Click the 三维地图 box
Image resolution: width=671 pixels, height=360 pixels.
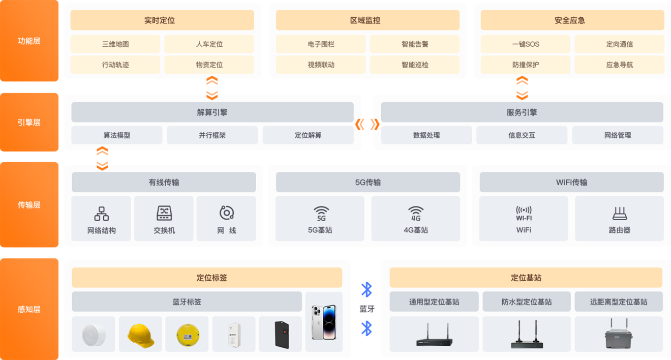(x=115, y=44)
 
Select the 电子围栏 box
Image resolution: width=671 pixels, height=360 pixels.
(x=321, y=44)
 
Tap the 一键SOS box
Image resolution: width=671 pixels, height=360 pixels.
(x=526, y=44)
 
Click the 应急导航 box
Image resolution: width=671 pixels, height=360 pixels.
(x=619, y=65)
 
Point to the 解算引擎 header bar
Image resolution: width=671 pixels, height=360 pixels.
(x=212, y=112)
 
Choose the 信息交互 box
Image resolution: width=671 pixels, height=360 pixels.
(x=522, y=135)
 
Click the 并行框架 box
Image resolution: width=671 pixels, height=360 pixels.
(x=212, y=135)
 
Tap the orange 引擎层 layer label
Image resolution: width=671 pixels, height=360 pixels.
(x=29, y=123)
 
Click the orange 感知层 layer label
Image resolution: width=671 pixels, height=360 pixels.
(x=29, y=309)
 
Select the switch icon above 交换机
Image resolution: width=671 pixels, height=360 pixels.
(x=164, y=213)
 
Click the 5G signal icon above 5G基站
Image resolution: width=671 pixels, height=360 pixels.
(x=321, y=214)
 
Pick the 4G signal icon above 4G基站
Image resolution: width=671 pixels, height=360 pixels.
(x=416, y=214)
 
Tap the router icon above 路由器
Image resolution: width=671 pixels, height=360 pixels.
(x=620, y=214)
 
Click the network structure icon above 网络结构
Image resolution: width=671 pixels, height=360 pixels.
(x=102, y=214)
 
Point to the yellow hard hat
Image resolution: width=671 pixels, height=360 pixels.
(x=140, y=336)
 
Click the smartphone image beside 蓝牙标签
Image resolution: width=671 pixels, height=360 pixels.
(x=324, y=322)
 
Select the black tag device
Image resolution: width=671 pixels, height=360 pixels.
(x=282, y=335)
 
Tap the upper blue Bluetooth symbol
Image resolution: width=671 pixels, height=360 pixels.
(x=367, y=289)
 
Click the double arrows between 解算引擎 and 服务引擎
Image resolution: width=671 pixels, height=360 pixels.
(x=367, y=124)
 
